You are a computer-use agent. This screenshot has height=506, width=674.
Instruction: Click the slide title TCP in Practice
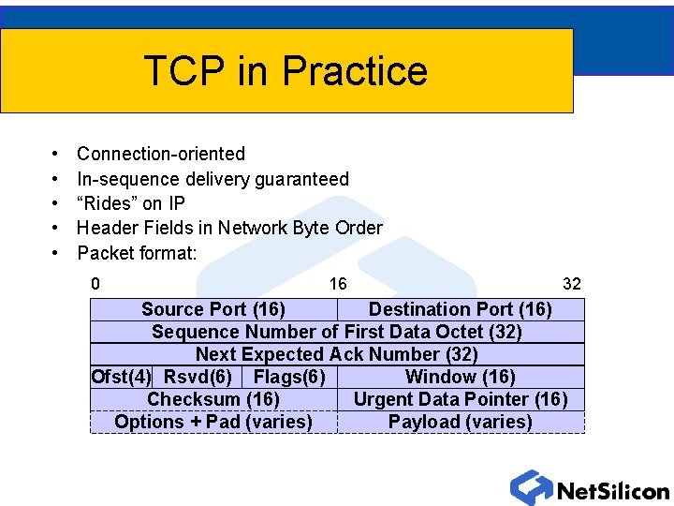click(x=286, y=71)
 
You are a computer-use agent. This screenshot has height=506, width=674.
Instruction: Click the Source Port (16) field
click(x=213, y=309)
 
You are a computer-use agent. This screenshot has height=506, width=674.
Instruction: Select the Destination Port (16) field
click(x=460, y=309)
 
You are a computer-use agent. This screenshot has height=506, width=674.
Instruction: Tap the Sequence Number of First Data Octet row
click(x=337, y=332)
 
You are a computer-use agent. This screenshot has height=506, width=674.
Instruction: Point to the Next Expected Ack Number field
click(x=337, y=354)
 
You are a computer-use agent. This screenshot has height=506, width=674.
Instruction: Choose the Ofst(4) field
click(x=121, y=377)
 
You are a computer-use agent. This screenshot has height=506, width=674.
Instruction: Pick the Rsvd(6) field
click(x=198, y=377)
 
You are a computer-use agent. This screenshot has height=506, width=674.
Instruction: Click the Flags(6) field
click(x=289, y=377)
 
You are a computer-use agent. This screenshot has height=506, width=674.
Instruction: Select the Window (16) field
click(x=460, y=377)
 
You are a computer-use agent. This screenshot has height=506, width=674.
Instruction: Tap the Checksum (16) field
click(x=213, y=399)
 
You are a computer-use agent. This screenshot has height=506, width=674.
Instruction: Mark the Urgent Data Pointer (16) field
click(x=460, y=399)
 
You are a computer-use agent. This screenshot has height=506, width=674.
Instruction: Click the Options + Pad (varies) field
click(x=213, y=422)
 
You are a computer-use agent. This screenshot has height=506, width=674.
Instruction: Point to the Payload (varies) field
click(x=460, y=422)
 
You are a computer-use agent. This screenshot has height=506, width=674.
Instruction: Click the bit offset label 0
click(x=95, y=283)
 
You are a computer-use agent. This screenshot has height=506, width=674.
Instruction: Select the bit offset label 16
click(x=338, y=283)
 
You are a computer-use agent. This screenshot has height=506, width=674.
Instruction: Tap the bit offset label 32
click(x=571, y=283)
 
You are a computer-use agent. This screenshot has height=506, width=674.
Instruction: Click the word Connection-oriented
click(x=161, y=154)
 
